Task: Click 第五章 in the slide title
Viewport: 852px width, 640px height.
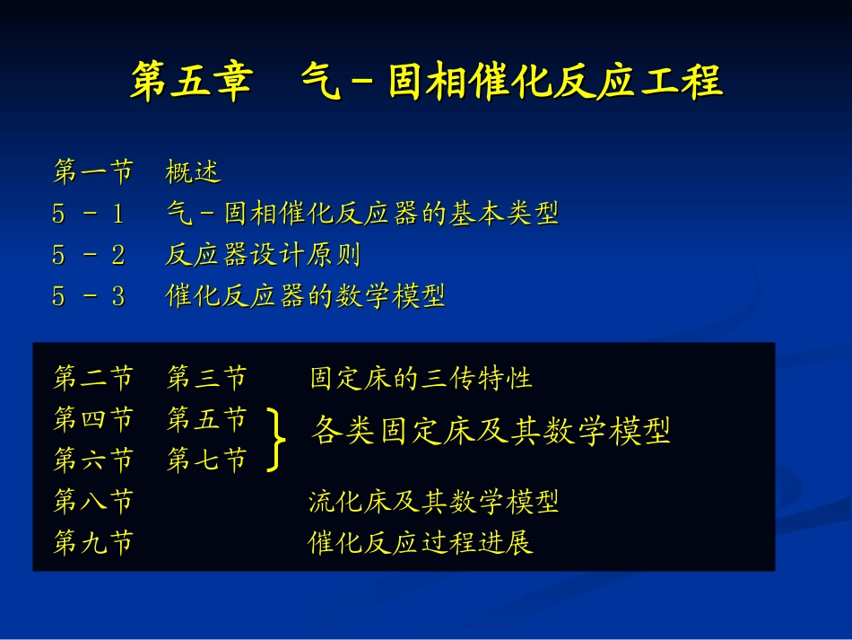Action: [x=190, y=82]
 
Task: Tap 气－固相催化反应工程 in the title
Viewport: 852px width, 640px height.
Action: [x=511, y=82]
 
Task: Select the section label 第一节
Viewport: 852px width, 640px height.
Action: [x=93, y=171]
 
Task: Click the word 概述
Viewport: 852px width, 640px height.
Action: [x=193, y=171]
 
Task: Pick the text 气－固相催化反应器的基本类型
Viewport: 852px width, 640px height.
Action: [x=362, y=214]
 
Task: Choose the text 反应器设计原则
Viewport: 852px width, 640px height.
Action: [x=263, y=255]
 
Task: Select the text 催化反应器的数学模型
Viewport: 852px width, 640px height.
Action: [x=306, y=296]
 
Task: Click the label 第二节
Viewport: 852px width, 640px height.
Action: [x=93, y=378]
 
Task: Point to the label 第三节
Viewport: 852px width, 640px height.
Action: [x=206, y=378]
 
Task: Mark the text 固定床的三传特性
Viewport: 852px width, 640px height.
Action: [x=421, y=378]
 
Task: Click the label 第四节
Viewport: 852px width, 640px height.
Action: [x=93, y=419]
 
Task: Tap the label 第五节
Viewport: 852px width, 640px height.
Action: [x=206, y=419]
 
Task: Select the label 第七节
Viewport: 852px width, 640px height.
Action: [x=206, y=460]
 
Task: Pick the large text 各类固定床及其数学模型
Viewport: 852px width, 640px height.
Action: [x=491, y=432]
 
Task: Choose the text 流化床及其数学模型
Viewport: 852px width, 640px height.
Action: [x=433, y=502]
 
